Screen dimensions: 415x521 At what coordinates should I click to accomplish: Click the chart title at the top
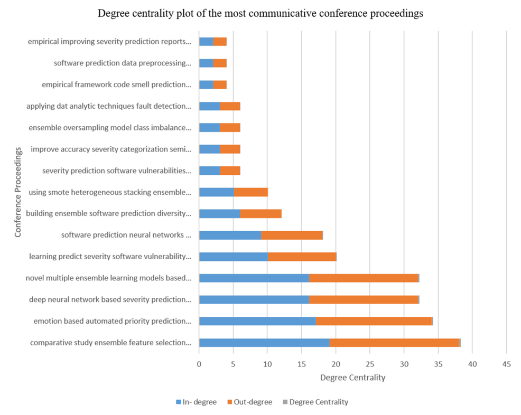click(260, 14)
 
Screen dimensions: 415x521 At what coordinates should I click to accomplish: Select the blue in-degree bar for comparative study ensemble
click(264, 343)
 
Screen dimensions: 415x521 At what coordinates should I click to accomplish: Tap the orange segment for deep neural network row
click(363, 300)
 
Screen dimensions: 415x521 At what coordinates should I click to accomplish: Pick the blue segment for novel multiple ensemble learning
click(254, 278)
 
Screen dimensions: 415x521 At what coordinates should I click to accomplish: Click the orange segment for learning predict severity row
click(301, 257)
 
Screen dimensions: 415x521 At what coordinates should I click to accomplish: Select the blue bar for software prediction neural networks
click(230, 235)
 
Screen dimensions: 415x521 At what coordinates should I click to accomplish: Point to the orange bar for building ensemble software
click(260, 213)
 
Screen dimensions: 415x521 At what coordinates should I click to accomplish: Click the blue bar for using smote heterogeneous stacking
click(216, 192)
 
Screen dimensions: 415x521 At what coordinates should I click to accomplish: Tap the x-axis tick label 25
click(370, 364)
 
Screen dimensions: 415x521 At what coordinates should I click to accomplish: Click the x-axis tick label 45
click(506, 364)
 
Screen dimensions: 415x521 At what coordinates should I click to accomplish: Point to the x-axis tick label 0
click(199, 364)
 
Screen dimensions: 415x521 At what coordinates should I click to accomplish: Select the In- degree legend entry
click(196, 402)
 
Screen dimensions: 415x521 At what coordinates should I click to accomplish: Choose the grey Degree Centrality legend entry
click(315, 402)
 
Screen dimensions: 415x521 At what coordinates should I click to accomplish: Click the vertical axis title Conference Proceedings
click(18, 192)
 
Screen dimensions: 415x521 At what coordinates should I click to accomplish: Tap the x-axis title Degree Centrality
click(352, 378)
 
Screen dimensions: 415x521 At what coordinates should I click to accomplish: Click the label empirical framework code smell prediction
click(116, 84)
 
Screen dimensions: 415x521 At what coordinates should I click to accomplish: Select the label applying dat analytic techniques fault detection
click(108, 106)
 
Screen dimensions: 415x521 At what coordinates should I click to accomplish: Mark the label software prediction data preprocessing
click(122, 63)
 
